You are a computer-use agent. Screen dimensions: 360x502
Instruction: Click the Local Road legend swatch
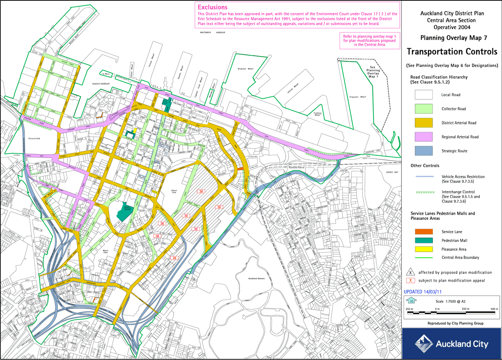tap(423, 95)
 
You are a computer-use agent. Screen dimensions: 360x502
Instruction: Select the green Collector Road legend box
tap(423, 109)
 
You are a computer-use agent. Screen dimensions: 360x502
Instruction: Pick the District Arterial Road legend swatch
tap(423, 123)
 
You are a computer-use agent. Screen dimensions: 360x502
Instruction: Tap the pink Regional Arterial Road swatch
tap(423, 137)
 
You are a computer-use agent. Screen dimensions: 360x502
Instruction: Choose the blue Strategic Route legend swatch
tap(423, 151)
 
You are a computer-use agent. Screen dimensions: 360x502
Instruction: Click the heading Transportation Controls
tap(451, 52)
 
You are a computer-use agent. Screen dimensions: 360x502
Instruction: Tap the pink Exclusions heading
tap(212, 7)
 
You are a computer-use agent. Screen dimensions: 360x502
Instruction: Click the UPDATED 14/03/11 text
tap(425, 292)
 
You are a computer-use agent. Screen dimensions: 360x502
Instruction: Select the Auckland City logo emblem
tap(423, 343)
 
